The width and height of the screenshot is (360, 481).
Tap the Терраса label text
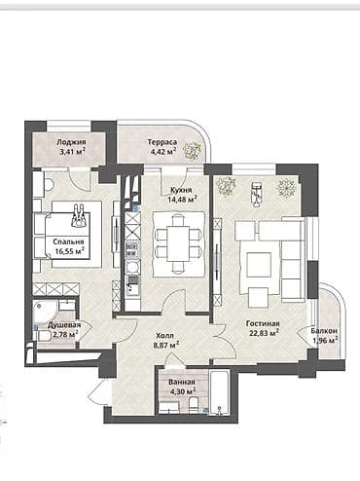click(x=162, y=141)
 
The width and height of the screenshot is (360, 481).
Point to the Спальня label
click(x=68, y=240)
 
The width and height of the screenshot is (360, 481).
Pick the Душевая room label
click(x=63, y=325)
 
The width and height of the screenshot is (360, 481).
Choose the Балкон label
click(x=325, y=331)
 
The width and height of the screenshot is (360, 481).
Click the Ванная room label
click(x=181, y=383)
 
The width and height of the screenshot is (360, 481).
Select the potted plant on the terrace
click(x=193, y=150)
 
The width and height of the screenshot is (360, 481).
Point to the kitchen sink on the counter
click(x=131, y=284)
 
